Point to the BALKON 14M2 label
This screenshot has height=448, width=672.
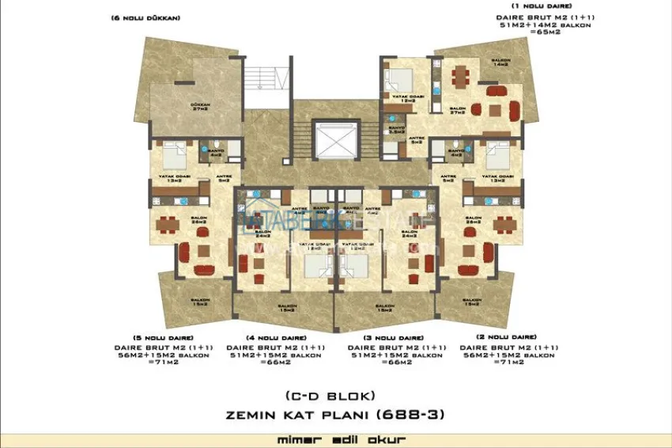(x=500, y=62)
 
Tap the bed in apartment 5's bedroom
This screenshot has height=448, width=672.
(x=174, y=150)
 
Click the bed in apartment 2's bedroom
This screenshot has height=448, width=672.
(x=496, y=150)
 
